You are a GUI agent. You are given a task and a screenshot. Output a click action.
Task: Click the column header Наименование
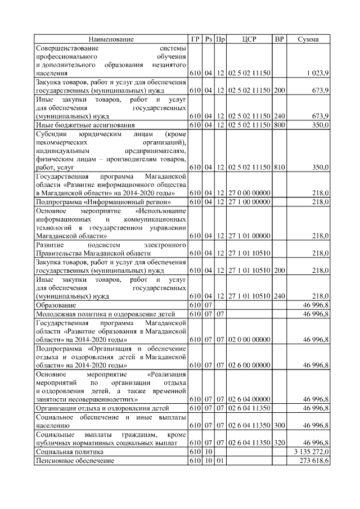[x=111, y=39]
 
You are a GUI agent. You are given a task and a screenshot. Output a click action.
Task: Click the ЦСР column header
[x=249, y=39]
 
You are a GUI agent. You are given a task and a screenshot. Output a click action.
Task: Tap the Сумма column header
[x=308, y=39]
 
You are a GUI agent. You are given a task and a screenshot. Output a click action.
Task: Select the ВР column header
[x=279, y=39]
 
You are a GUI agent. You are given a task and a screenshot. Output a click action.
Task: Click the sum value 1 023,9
[x=318, y=73]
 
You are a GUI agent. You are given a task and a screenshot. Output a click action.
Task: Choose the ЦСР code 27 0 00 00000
[x=249, y=193]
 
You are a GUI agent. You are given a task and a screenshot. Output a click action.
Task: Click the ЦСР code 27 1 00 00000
[x=249, y=202]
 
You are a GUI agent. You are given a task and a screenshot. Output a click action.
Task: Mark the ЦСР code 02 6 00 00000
[x=249, y=365]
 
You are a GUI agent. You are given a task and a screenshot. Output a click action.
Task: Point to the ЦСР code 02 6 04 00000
[x=249, y=399]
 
